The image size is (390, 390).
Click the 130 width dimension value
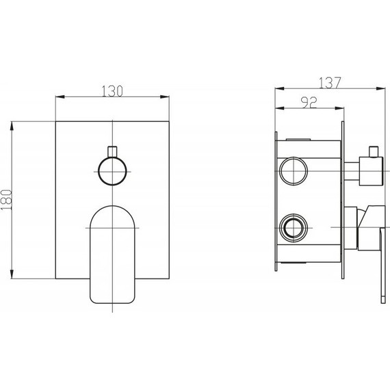pos(112,91)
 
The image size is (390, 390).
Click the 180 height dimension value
pos(6,200)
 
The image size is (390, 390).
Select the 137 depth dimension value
pos(330,83)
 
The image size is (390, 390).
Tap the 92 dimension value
pos(309,103)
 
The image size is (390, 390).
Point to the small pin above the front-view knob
pos(112,152)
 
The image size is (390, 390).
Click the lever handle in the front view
pos(112,255)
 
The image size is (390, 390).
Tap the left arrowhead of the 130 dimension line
pos(60,96)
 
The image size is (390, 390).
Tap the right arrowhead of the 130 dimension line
pos(165,96)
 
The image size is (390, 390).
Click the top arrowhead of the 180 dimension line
pos(12,126)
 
